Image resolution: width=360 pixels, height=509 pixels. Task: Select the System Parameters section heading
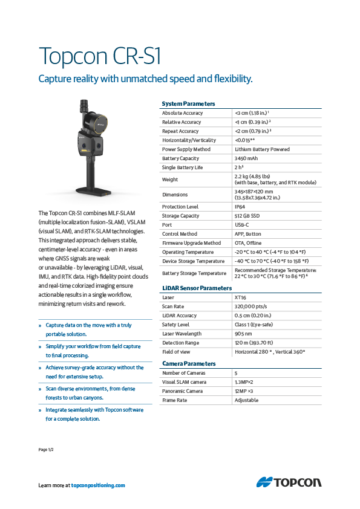[x=188, y=104]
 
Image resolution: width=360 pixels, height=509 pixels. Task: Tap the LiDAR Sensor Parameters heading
[x=197, y=288]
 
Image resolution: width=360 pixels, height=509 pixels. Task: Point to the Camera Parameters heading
[x=189, y=363]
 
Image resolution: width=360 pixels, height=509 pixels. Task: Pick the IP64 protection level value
[x=240, y=207]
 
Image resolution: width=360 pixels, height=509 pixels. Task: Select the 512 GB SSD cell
[x=248, y=216]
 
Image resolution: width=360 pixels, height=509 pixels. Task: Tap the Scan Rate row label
[x=173, y=306]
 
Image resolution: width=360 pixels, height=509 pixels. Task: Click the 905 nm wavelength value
[x=243, y=334]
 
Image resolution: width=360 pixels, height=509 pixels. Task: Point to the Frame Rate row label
[x=174, y=400]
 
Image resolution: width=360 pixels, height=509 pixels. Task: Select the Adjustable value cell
[x=246, y=400]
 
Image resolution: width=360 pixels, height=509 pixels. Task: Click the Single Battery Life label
[x=182, y=167]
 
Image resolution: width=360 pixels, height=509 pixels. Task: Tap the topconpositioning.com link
[x=98, y=485]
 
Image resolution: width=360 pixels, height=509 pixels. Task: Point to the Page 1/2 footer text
[x=47, y=450]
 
